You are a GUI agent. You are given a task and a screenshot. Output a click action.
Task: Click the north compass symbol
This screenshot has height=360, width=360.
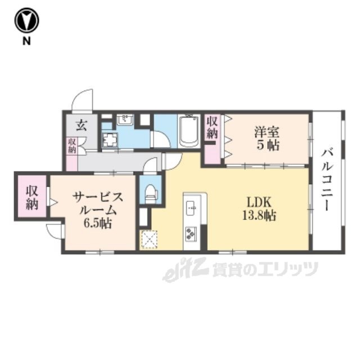(x=26, y=21)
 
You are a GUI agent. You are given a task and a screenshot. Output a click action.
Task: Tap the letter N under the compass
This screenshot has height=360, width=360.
(x=26, y=42)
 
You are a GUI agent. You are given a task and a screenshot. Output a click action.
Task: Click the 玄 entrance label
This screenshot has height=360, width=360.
(x=82, y=125)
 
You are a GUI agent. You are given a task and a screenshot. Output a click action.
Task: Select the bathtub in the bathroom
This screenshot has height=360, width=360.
(x=189, y=132)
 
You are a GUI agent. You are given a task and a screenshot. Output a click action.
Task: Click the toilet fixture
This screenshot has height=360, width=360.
(x=150, y=192)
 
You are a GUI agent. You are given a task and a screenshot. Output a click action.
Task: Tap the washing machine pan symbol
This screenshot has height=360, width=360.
(x=110, y=140)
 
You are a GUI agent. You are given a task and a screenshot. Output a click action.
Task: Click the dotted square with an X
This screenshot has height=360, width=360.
(x=149, y=239)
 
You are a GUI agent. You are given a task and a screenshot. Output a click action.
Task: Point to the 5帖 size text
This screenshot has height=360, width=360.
(x=266, y=146)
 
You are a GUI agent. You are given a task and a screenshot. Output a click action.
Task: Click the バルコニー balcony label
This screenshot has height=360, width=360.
(x=327, y=179)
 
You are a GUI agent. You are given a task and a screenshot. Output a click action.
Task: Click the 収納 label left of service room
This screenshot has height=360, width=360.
(x=31, y=196)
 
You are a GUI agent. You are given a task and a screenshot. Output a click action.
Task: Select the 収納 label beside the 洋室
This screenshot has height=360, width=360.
(x=212, y=128)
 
